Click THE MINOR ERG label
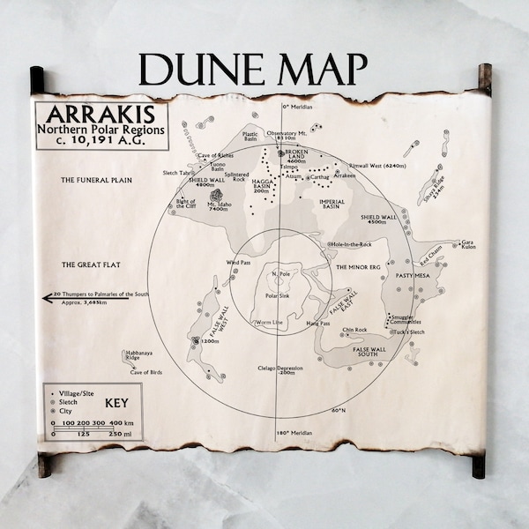tap(357, 265)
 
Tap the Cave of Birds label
tap(150, 373)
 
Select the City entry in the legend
tap(68, 412)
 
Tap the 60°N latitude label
tap(338, 410)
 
